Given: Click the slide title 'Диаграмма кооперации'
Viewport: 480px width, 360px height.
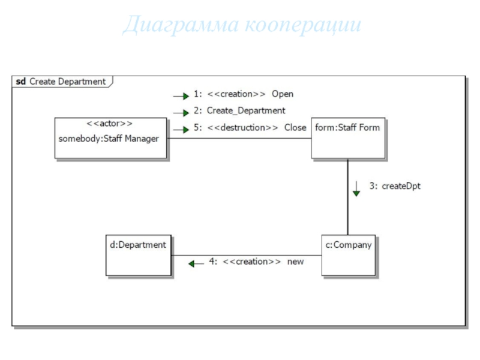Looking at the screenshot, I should [241, 25].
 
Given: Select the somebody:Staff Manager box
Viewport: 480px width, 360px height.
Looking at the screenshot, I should [111, 138].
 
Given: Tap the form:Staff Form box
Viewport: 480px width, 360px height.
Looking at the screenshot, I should [348, 138].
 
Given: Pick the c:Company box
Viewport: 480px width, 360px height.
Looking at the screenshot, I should [348, 255].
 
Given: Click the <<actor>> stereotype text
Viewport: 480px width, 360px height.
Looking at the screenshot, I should [110, 124].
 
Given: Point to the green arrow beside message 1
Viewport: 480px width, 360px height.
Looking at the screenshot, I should [181, 95].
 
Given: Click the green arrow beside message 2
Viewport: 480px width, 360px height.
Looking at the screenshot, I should [181, 112].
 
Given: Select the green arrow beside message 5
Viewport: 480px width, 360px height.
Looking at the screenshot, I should [181, 129].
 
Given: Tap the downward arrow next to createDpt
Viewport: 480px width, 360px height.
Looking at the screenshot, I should [356, 189].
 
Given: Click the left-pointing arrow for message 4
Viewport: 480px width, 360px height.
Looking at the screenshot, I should [196, 263].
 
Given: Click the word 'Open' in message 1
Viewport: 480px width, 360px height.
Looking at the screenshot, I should [282, 94].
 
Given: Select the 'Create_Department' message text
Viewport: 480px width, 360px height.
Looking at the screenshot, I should [246, 111].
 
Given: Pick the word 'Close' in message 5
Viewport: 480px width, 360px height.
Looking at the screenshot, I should [295, 128].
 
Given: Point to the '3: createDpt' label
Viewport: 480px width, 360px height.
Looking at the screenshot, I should [394, 186].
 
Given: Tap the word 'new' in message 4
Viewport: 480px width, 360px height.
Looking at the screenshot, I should [295, 262].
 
